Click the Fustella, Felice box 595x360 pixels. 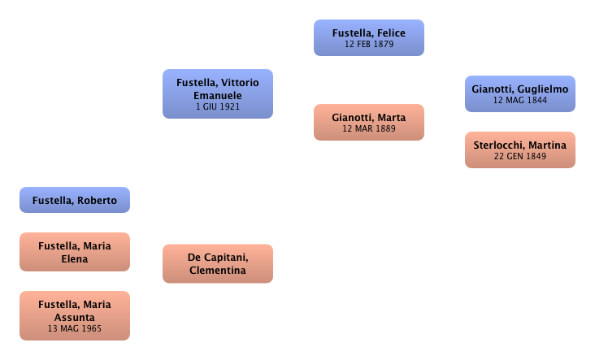coord(368,38)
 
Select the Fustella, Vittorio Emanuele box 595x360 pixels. coord(217,93)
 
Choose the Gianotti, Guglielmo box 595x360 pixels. coord(519,93)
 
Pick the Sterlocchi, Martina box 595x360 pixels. coord(519,150)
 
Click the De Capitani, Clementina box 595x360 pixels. coord(217,263)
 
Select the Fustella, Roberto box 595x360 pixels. coord(74,201)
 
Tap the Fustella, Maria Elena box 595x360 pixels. coord(74,251)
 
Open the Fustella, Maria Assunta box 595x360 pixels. coord(74,315)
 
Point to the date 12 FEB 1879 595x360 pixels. coord(368,45)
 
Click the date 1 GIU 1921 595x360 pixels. coord(217,106)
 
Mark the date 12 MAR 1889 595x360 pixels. coord(369,128)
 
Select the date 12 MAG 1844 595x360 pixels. coord(519,100)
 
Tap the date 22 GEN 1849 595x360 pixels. coord(519,156)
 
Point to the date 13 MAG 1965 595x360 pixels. coord(74,329)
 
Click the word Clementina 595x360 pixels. coord(217,271)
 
